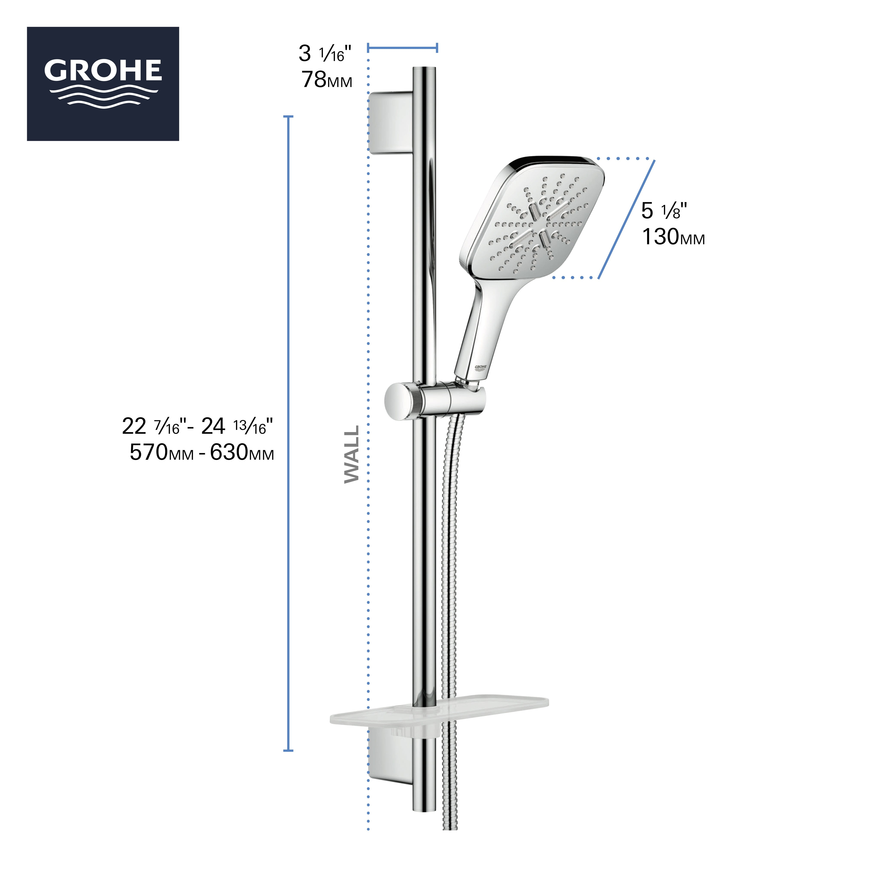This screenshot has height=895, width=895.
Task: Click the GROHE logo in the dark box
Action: (103, 83)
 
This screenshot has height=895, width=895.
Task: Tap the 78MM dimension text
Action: (327, 80)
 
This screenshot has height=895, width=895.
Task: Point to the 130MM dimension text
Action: (673, 237)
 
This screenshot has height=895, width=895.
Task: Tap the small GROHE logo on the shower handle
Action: (480, 367)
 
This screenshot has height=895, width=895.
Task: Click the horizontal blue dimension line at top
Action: (402, 47)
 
